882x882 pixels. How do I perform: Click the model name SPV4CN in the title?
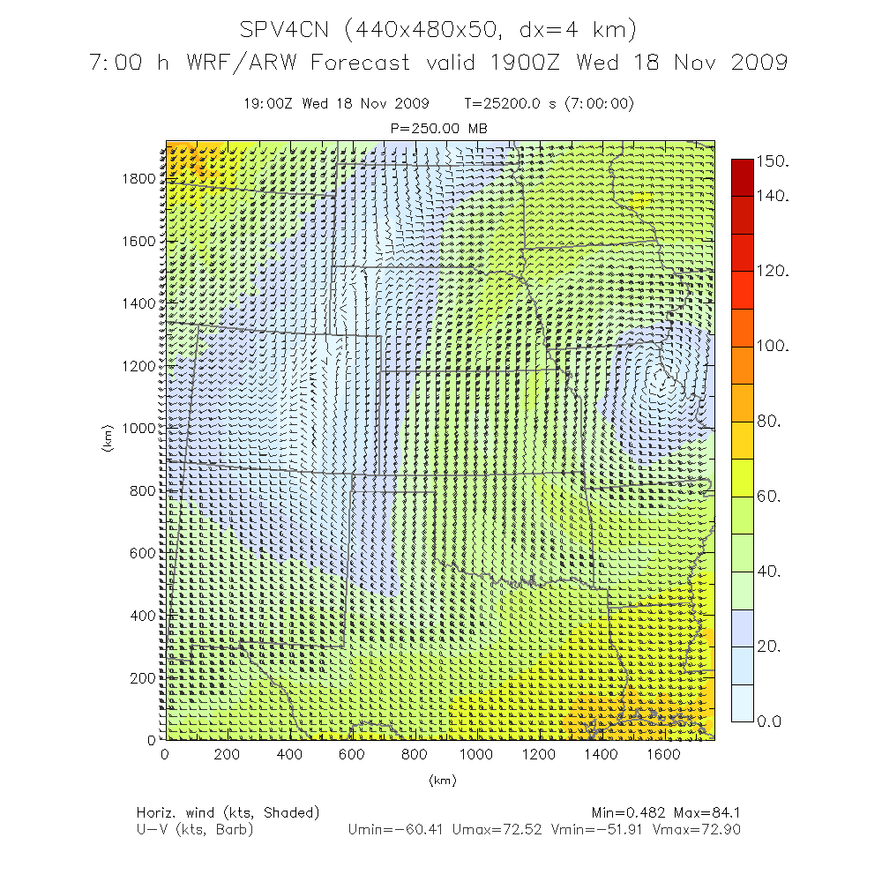[x=286, y=30]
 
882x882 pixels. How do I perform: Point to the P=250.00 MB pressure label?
[x=438, y=129]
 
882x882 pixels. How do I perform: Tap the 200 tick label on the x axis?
[x=228, y=755]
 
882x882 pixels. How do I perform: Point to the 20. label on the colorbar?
[x=770, y=647]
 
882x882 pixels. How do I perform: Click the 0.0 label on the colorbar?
[x=770, y=722]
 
